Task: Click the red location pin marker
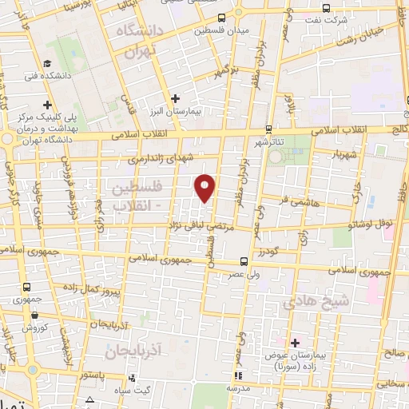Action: click(x=206, y=188)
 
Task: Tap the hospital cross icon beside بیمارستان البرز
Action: click(x=176, y=98)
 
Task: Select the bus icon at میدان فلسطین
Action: click(x=221, y=17)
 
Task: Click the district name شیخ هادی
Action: click(x=317, y=302)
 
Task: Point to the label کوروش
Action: click(x=36, y=328)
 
